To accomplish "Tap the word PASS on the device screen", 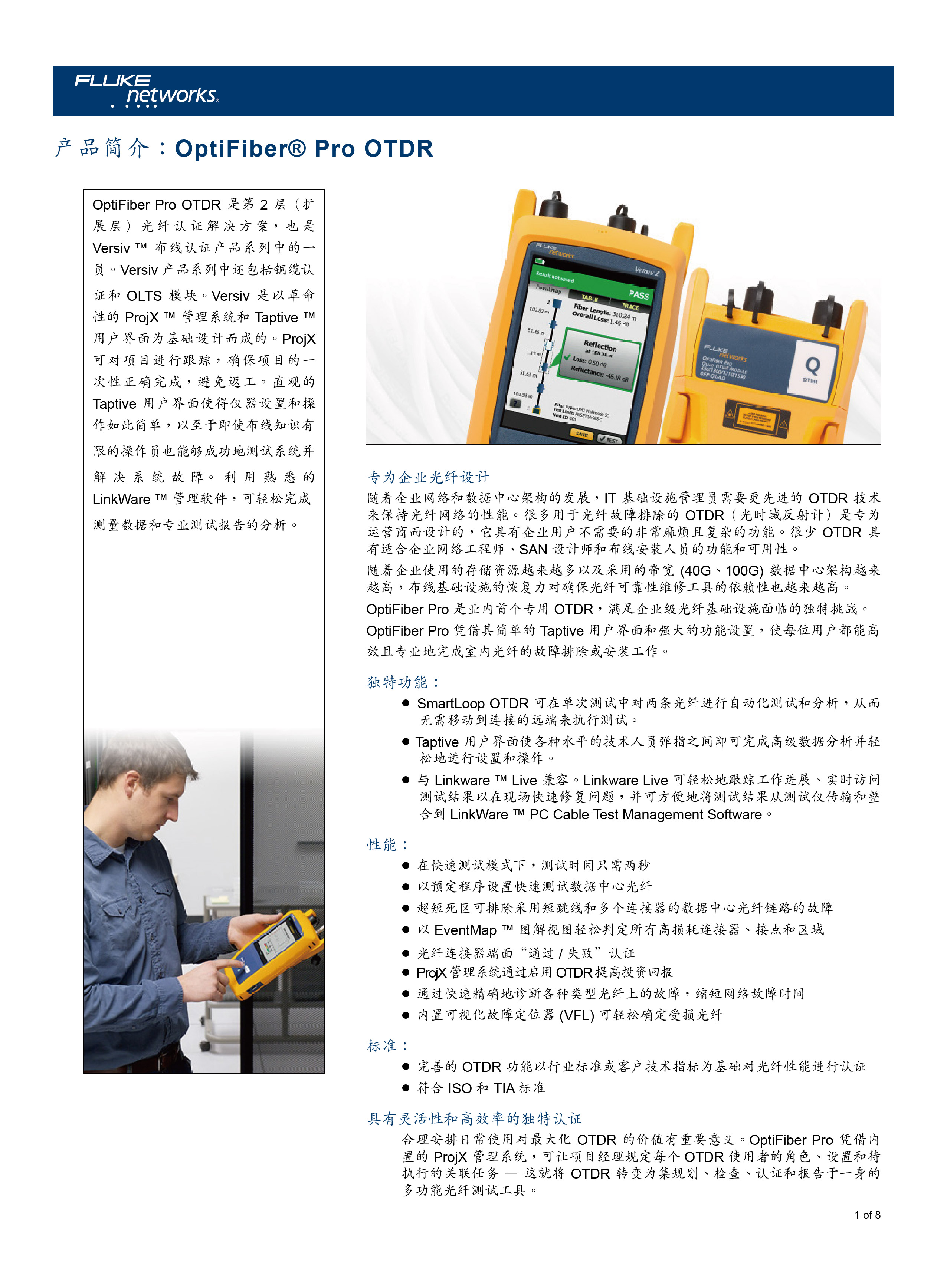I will (639, 294).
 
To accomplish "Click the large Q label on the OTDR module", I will (812, 365).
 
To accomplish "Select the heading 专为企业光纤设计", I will (428, 477).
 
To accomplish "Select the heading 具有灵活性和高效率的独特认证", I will (474, 1118).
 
